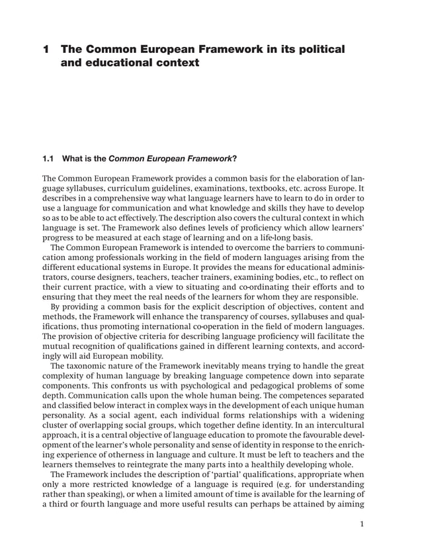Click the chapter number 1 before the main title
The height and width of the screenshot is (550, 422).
tap(46, 50)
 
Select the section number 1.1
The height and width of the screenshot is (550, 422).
tap(48, 158)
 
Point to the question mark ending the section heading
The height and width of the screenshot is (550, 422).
tap(234, 158)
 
